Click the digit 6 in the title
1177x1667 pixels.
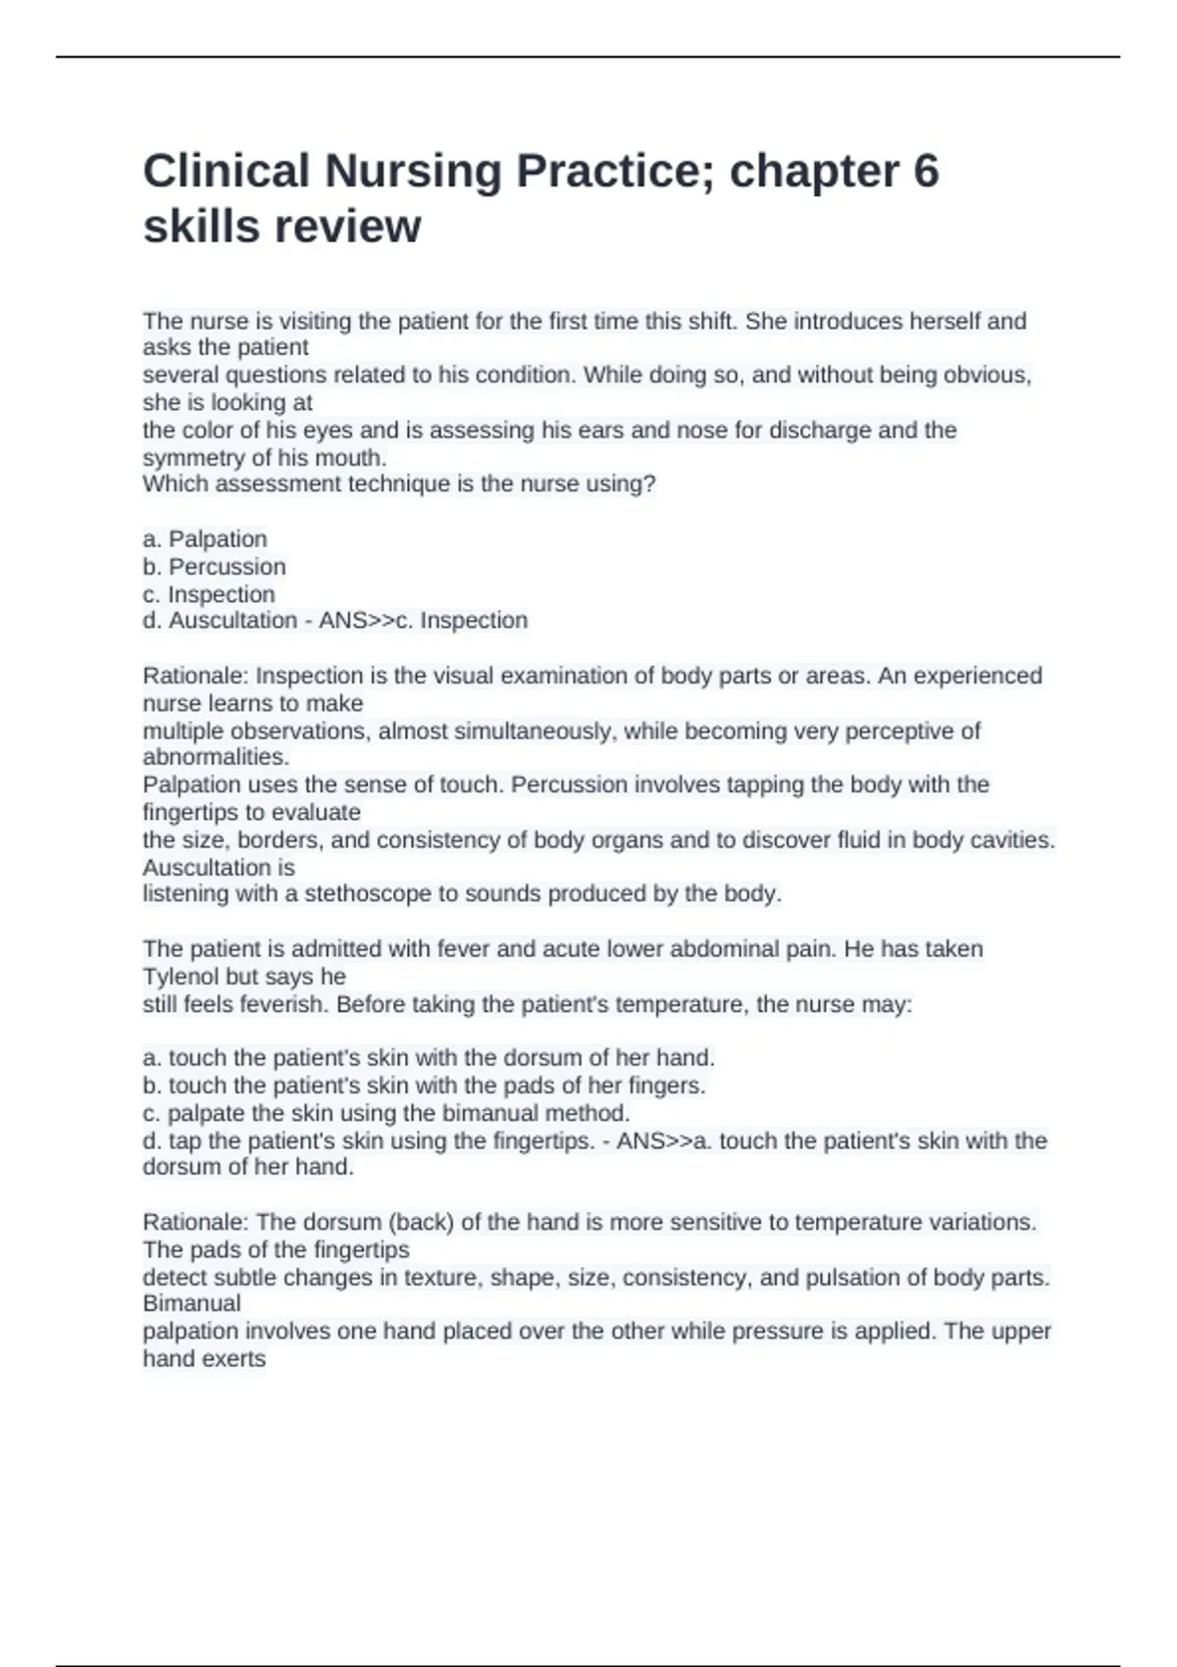click(925, 171)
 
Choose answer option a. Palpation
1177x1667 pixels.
click(205, 539)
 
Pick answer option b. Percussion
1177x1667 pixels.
click(215, 567)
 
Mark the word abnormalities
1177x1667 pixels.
click(216, 757)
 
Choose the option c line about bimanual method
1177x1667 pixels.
click(386, 1113)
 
